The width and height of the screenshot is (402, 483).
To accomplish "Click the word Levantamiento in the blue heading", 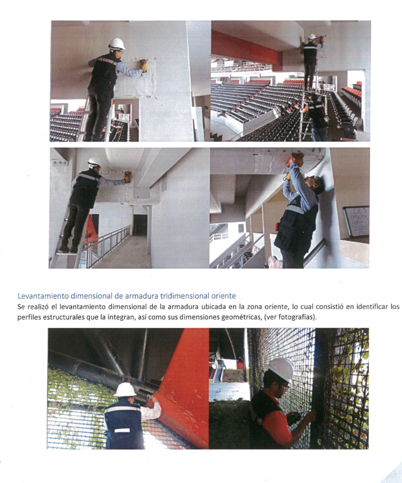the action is tap(43, 296).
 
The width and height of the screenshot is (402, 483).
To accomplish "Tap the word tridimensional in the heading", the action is tap(184, 296).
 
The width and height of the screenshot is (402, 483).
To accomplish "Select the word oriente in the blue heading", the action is tap(223, 296).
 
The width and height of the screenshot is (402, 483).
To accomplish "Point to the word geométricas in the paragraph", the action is tap(241, 317).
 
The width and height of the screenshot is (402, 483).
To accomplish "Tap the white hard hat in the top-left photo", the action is tap(117, 44).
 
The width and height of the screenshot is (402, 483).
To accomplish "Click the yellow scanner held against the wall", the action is tap(144, 65).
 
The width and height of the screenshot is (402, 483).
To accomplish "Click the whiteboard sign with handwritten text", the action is tap(356, 222).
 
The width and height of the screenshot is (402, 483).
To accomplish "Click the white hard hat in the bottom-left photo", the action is tap(125, 390).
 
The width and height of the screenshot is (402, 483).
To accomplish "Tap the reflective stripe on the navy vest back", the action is tap(122, 410).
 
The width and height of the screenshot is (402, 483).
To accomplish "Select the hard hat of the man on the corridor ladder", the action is tap(94, 163).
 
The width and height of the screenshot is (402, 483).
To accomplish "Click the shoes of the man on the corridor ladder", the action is tap(68, 249).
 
